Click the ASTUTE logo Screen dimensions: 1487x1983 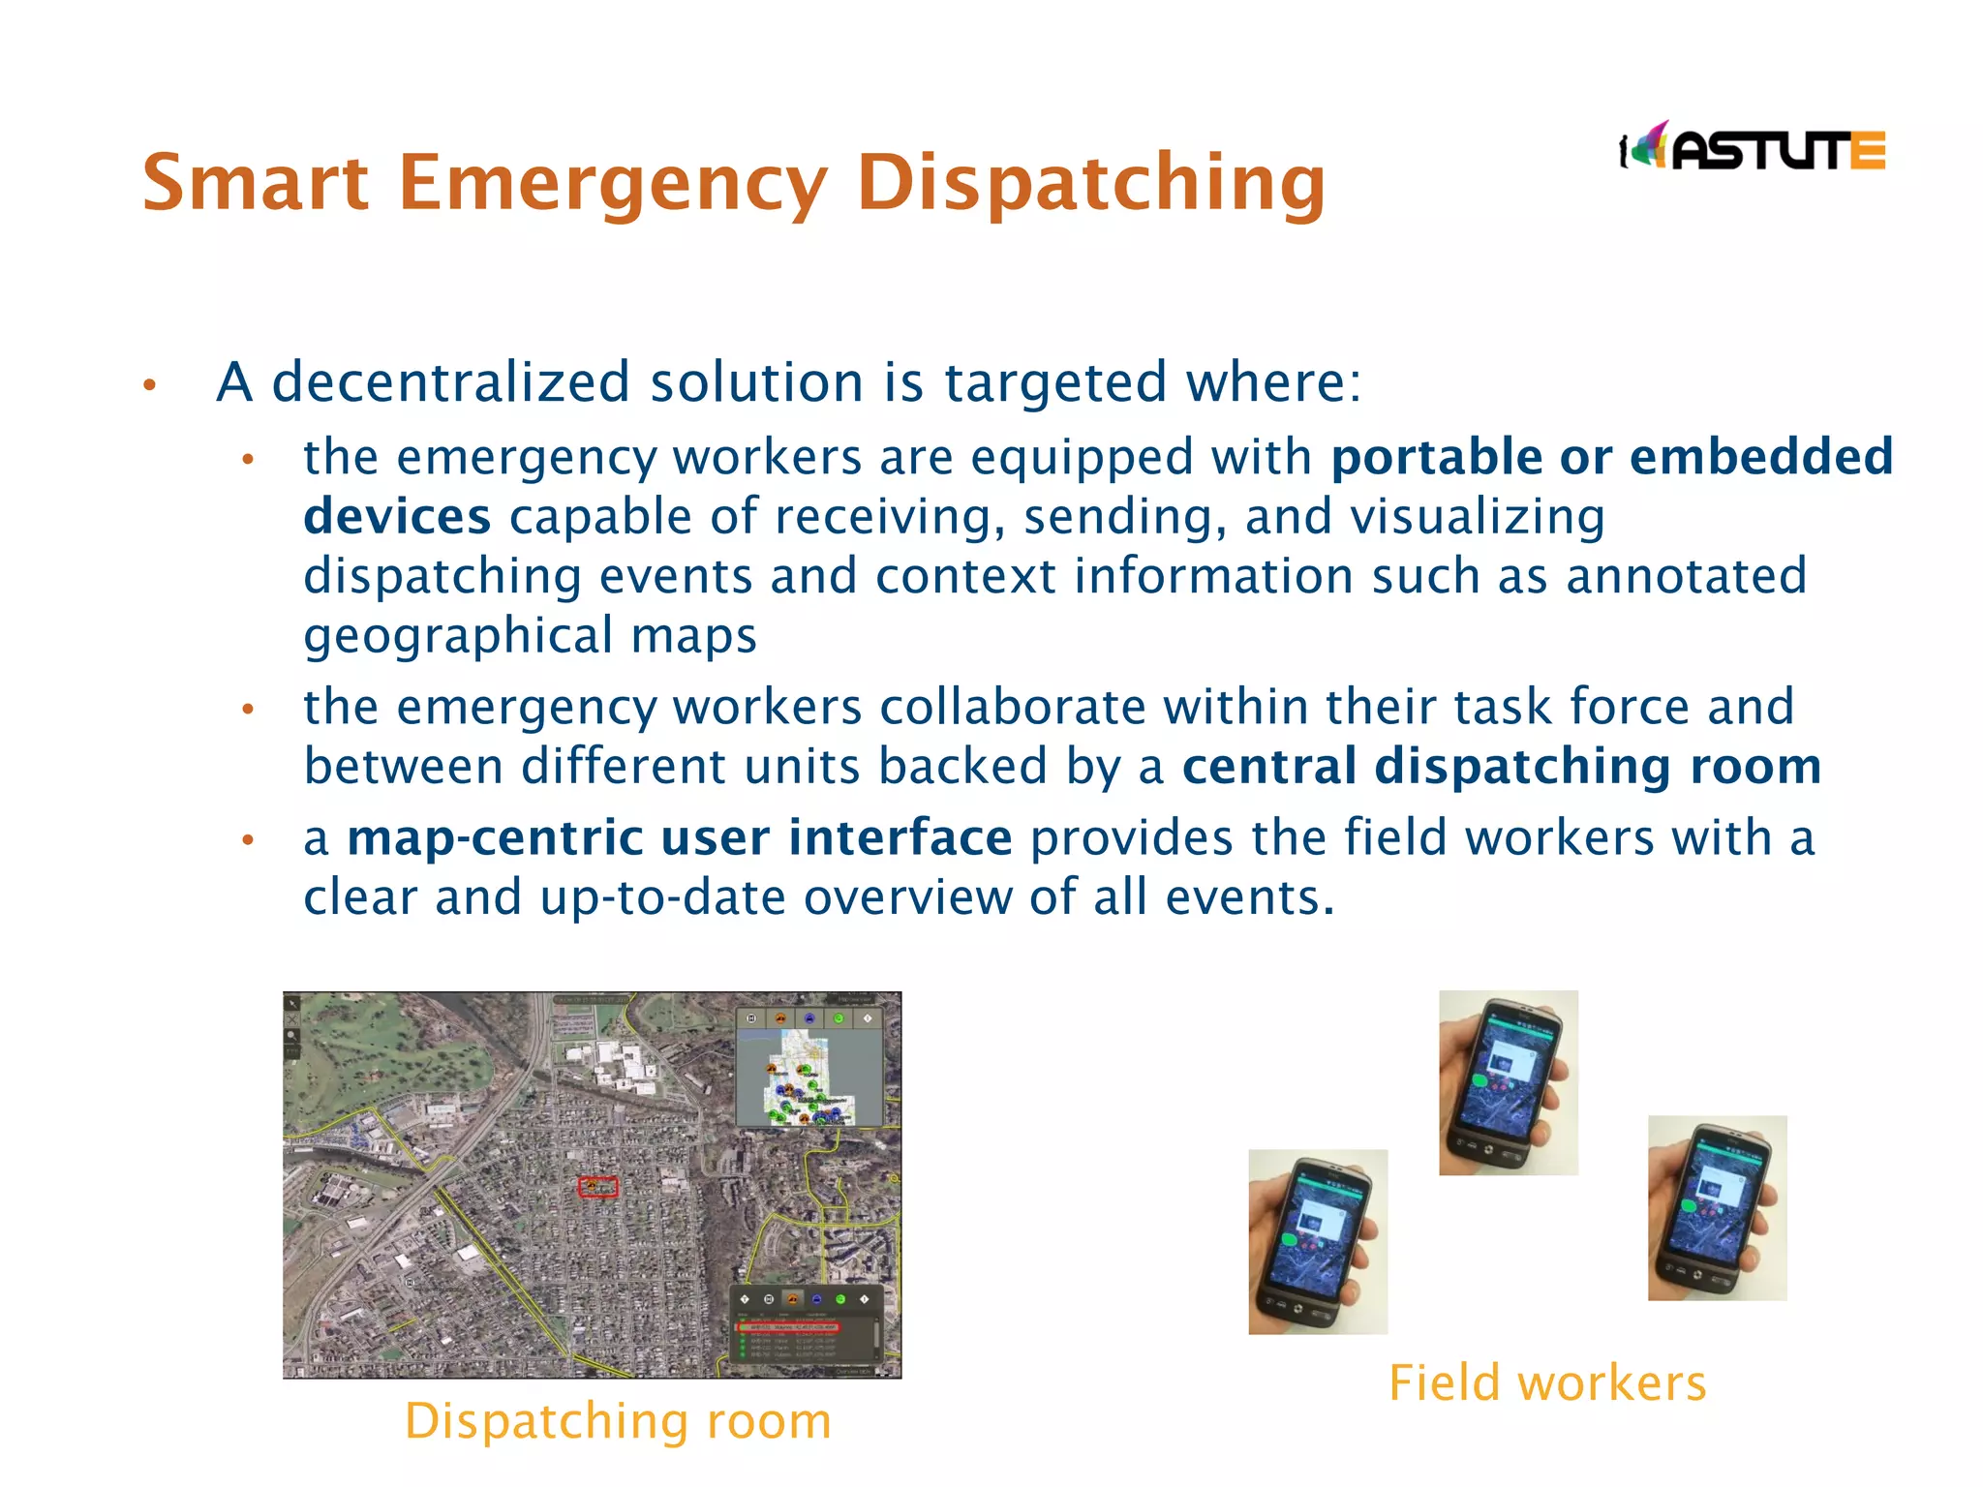1753,148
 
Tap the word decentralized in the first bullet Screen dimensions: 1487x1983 450,381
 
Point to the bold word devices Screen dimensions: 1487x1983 397,516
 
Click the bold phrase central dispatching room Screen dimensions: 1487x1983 1502,766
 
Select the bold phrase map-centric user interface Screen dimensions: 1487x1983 680,837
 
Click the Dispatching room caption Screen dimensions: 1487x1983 618,1420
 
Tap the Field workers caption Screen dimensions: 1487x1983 1546,1381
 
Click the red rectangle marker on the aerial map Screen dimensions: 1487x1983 597,1187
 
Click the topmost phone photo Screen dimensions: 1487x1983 1508,1082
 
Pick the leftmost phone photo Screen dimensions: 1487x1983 1318,1242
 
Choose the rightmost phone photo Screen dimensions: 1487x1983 1717,1207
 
